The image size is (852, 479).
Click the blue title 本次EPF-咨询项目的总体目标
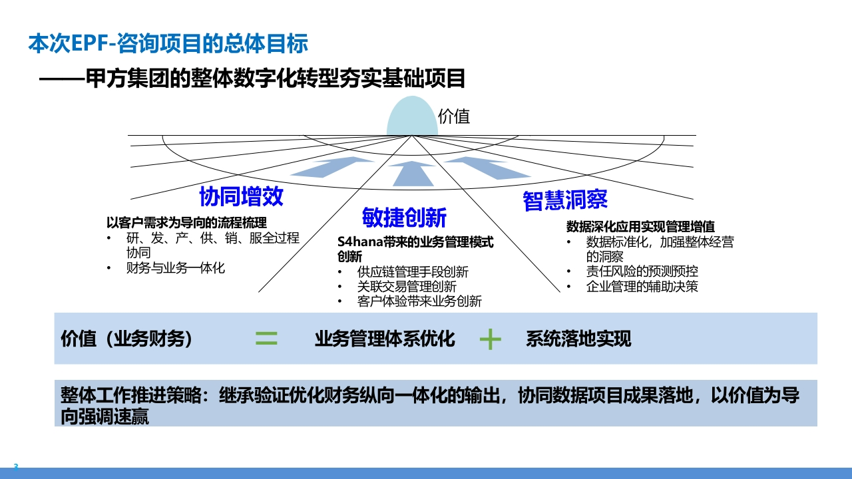coord(168,43)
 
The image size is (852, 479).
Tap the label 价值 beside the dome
coord(454,116)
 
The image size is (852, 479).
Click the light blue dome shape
coord(412,116)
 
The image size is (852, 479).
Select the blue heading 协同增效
coord(241,196)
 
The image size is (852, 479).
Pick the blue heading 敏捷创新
coord(404,218)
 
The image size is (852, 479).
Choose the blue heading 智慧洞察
coord(565,200)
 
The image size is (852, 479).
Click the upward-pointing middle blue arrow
coord(413,174)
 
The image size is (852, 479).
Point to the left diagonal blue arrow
coord(331,167)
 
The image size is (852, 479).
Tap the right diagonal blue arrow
coord(488,168)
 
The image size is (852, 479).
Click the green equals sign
coord(266,338)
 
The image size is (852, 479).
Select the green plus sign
coord(491,339)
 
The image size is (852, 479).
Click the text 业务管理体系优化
coord(385,339)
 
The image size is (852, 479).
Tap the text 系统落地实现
coord(578,339)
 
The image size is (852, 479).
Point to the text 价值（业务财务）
coord(126,339)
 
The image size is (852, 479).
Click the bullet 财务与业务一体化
coord(175,268)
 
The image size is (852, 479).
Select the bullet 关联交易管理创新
coord(407,286)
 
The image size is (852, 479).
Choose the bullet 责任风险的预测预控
coord(642,271)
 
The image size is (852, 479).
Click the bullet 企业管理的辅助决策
coord(642,286)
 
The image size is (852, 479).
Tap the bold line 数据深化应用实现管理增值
coord(640,227)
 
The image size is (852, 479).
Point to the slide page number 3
coord(16,466)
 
